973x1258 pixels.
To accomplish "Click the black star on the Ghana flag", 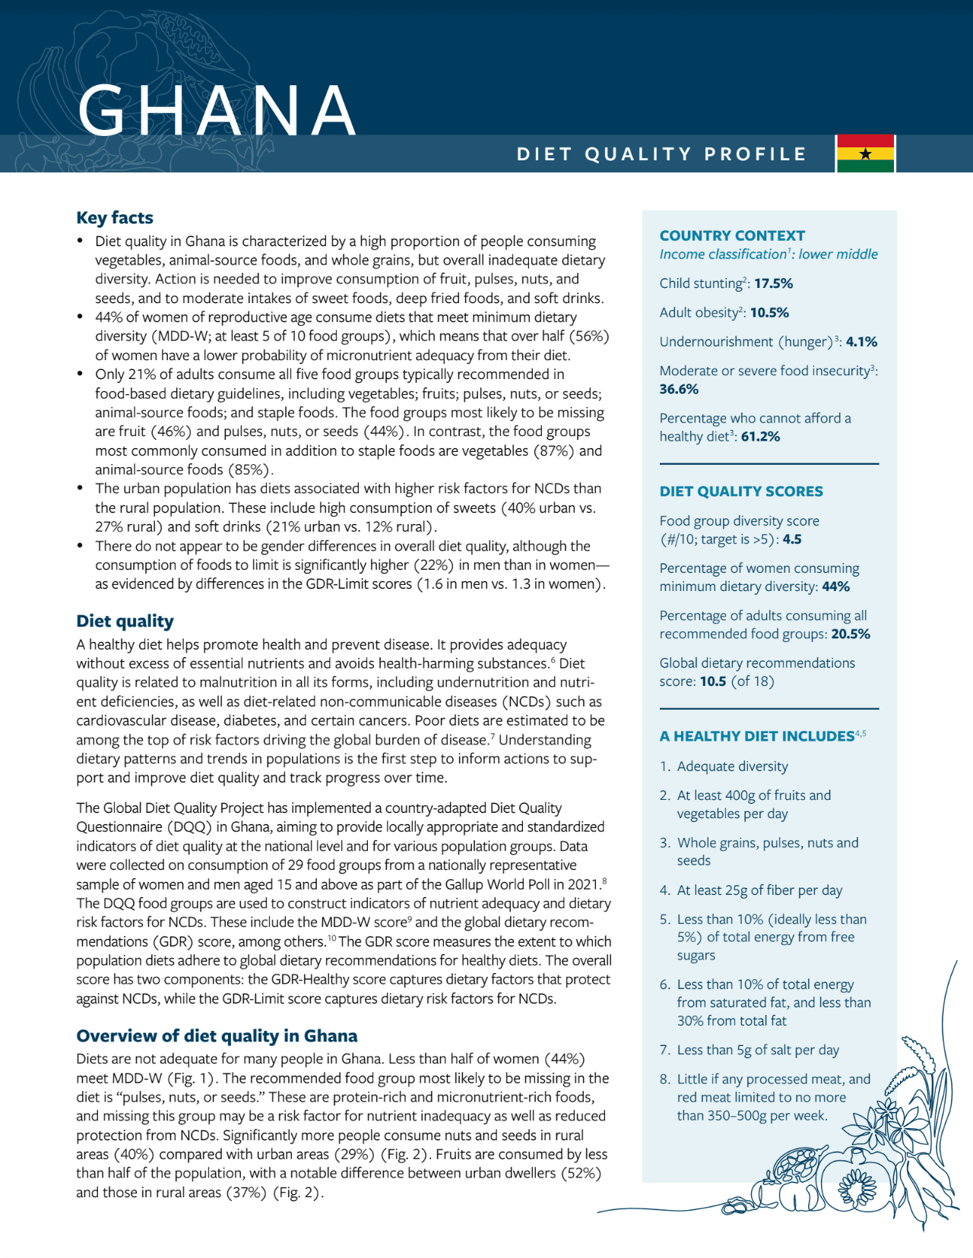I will point(865,154).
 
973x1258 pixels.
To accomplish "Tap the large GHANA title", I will point(217,111).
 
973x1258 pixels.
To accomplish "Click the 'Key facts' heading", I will point(115,218).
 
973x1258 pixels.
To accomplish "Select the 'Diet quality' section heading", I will point(125,621).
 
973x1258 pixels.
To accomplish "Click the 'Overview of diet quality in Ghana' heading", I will point(217,1036).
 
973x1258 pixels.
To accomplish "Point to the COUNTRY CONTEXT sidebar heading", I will point(732,235).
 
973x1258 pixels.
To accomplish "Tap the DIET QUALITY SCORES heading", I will point(741,492).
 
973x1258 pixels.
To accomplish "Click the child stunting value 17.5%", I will point(773,283).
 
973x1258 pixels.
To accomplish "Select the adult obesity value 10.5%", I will point(769,312).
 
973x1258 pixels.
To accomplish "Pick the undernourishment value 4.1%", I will point(861,342).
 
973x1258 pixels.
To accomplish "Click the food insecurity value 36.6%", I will point(679,389).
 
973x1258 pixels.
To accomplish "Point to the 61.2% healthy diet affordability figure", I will point(760,437).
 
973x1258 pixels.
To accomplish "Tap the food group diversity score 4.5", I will point(792,539).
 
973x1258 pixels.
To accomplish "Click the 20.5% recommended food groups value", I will point(851,634).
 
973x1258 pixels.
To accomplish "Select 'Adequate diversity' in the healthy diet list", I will point(732,766).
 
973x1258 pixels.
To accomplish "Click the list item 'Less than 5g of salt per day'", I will point(758,1050).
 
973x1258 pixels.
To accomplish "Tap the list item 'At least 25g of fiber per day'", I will point(759,890).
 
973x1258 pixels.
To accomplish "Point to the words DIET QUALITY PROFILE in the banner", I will point(661,154).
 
